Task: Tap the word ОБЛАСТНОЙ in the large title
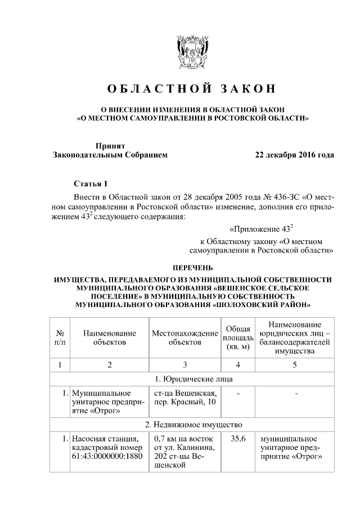tap(157, 88)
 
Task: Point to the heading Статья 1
tap(90, 184)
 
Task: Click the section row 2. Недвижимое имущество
tap(192, 424)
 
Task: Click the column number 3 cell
tap(184, 364)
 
